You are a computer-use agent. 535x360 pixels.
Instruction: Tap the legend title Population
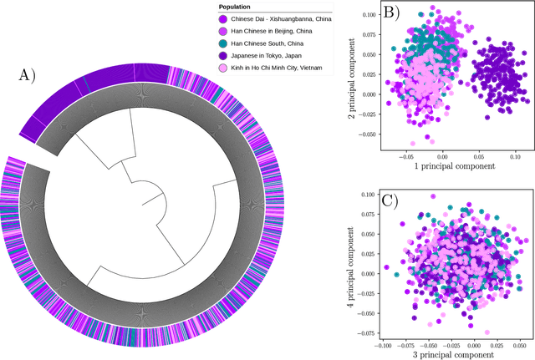click(x=242, y=7)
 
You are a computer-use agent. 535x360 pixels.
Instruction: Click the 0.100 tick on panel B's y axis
click(x=371, y=14)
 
